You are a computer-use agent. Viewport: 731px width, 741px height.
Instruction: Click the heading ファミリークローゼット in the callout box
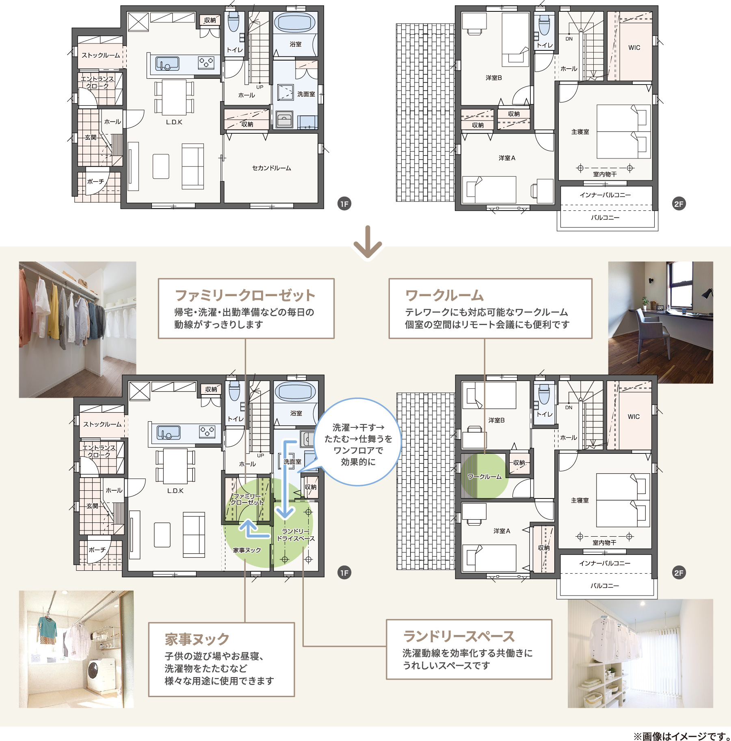pos(245,295)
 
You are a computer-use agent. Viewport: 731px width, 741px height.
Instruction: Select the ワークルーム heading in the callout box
pos(444,295)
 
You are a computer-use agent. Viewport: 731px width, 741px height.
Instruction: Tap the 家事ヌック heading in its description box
pos(197,639)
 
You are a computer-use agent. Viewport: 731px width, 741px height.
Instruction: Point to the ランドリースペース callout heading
pos(459,636)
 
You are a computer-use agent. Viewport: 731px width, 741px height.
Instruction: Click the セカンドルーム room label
pos(271,168)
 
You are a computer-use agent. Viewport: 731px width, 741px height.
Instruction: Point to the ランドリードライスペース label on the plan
pos(296,535)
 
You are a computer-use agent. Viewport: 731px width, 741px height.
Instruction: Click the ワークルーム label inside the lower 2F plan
pos(484,477)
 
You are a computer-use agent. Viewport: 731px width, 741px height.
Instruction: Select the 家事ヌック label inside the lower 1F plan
pos(247,550)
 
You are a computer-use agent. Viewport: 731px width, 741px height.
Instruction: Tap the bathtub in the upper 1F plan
pos(295,22)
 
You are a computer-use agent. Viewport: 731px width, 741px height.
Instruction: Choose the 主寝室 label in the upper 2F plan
pos(580,132)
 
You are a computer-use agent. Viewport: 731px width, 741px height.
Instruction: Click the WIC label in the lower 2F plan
pos(633,416)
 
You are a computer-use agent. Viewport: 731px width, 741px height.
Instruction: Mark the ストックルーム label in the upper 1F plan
pos(101,55)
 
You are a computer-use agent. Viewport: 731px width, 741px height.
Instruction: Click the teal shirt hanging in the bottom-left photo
pos(47,628)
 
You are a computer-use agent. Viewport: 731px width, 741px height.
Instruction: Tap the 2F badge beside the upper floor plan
pos(679,204)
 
